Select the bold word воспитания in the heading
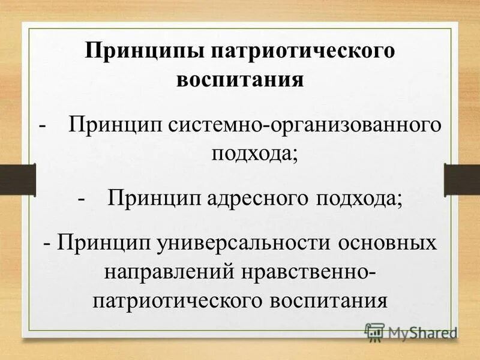pos(240,79)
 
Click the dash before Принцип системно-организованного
pos(43,125)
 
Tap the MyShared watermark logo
pos(411,331)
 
